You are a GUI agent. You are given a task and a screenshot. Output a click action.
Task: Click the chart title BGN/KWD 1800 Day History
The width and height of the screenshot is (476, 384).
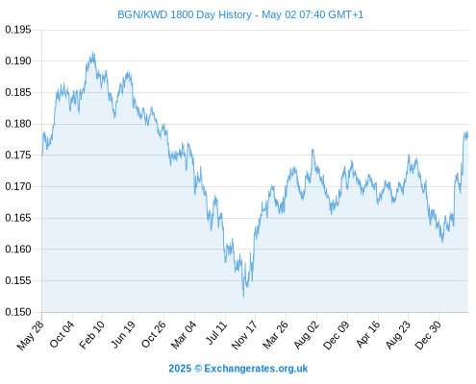[185, 14]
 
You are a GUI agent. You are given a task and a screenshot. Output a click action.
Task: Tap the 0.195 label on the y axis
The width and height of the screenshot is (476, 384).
[18, 30]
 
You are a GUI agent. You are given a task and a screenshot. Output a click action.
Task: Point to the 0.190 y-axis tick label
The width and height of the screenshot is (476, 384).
[18, 60]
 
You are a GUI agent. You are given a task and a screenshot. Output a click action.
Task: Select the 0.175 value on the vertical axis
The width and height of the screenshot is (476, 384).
[18, 156]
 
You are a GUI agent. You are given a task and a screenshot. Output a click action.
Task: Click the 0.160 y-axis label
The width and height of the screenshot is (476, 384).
[18, 249]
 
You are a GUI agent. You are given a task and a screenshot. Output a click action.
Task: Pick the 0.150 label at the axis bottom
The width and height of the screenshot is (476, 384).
[18, 312]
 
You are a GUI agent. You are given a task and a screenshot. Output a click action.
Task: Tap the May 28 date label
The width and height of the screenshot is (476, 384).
[30, 335]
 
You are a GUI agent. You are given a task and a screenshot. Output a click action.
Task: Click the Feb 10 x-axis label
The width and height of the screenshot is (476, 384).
[92, 334]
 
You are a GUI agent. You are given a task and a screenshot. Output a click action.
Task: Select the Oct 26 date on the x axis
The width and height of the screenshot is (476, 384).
[154, 334]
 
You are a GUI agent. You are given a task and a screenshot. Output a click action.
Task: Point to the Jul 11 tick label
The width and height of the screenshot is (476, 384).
[216, 333]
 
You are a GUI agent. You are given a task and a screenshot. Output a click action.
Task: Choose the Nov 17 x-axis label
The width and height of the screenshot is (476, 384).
[244, 335]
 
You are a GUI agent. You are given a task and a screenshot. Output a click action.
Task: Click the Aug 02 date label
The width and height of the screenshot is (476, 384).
[307, 334]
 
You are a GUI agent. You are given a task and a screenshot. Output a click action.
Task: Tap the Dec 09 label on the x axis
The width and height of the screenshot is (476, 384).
[336, 335]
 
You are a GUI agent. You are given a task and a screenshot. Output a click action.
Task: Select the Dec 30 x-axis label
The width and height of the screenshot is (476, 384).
[428, 335]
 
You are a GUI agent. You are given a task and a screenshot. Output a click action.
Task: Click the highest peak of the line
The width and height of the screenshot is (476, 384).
[93, 52]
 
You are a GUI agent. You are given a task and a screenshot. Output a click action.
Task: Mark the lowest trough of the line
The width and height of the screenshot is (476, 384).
[243, 297]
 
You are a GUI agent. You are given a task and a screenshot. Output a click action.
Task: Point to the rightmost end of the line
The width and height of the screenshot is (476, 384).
[467, 135]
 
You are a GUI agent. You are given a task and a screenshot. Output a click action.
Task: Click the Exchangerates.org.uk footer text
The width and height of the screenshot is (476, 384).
[256, 369]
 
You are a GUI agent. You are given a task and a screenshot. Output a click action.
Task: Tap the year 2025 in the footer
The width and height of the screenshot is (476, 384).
[180, 369]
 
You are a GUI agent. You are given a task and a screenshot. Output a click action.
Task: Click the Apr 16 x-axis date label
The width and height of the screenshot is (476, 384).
[368, 334]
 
